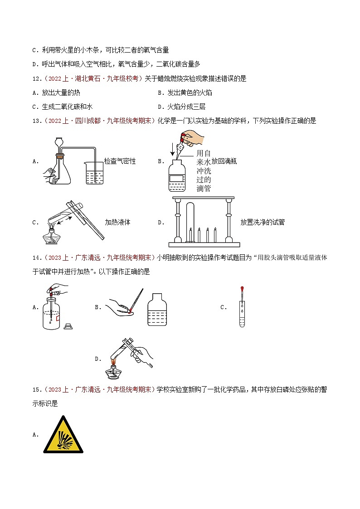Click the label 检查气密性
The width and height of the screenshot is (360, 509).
120,161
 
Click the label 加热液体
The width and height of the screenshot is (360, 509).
117,222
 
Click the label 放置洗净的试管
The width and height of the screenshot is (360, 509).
263,222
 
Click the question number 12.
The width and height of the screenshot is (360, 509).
38,78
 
